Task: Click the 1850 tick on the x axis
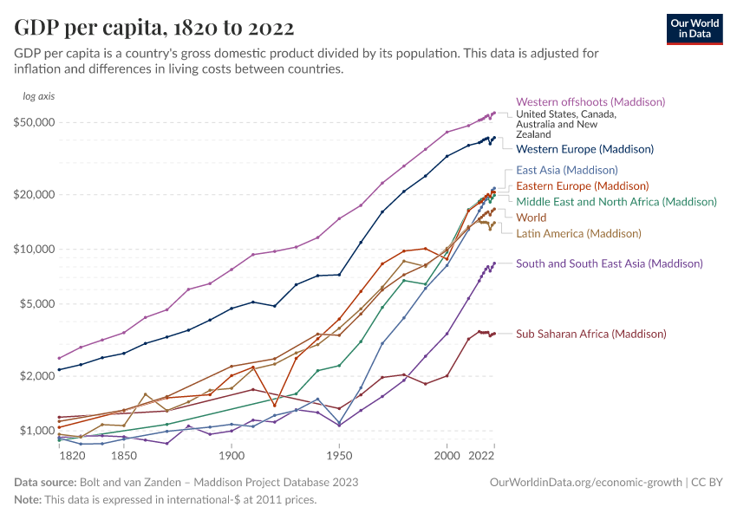[123, 455]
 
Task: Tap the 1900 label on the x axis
[232, 455]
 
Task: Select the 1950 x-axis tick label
[339, 455]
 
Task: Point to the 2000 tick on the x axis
[447, 455]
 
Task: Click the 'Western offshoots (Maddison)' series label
[590, 102]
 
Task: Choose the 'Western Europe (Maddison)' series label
[584, 149]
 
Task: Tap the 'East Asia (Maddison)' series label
[566, 170]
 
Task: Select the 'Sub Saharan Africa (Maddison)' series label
[591, 334]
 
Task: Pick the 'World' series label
[532, 218]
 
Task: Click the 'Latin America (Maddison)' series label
[578, 233]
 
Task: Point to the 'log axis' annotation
[39, 95]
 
